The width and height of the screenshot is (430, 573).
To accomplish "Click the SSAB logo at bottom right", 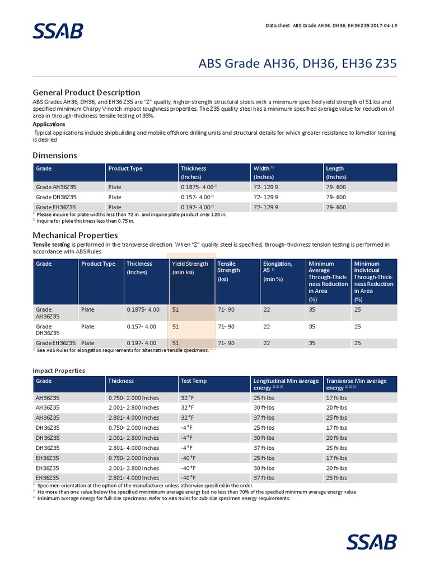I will (371, 542).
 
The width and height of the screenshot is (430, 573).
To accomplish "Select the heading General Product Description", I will (86, 92).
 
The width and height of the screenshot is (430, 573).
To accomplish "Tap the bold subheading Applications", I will (49, 124).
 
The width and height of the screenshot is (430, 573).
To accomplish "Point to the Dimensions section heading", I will (55, 155).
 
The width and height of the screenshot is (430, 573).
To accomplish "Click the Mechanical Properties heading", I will (75, 235).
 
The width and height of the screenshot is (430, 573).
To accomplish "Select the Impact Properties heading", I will (59, 370).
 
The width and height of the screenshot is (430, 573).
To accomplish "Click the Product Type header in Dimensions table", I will (125, 168).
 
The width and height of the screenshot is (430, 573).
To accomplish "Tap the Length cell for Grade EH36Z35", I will (336, 207).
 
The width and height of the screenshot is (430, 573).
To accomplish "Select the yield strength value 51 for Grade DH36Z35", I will (175, 326).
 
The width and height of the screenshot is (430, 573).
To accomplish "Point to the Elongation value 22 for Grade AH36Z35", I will (267, 309).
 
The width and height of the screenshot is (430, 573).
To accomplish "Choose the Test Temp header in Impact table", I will (193, 381).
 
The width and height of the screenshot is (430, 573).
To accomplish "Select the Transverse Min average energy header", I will (356, 384).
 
